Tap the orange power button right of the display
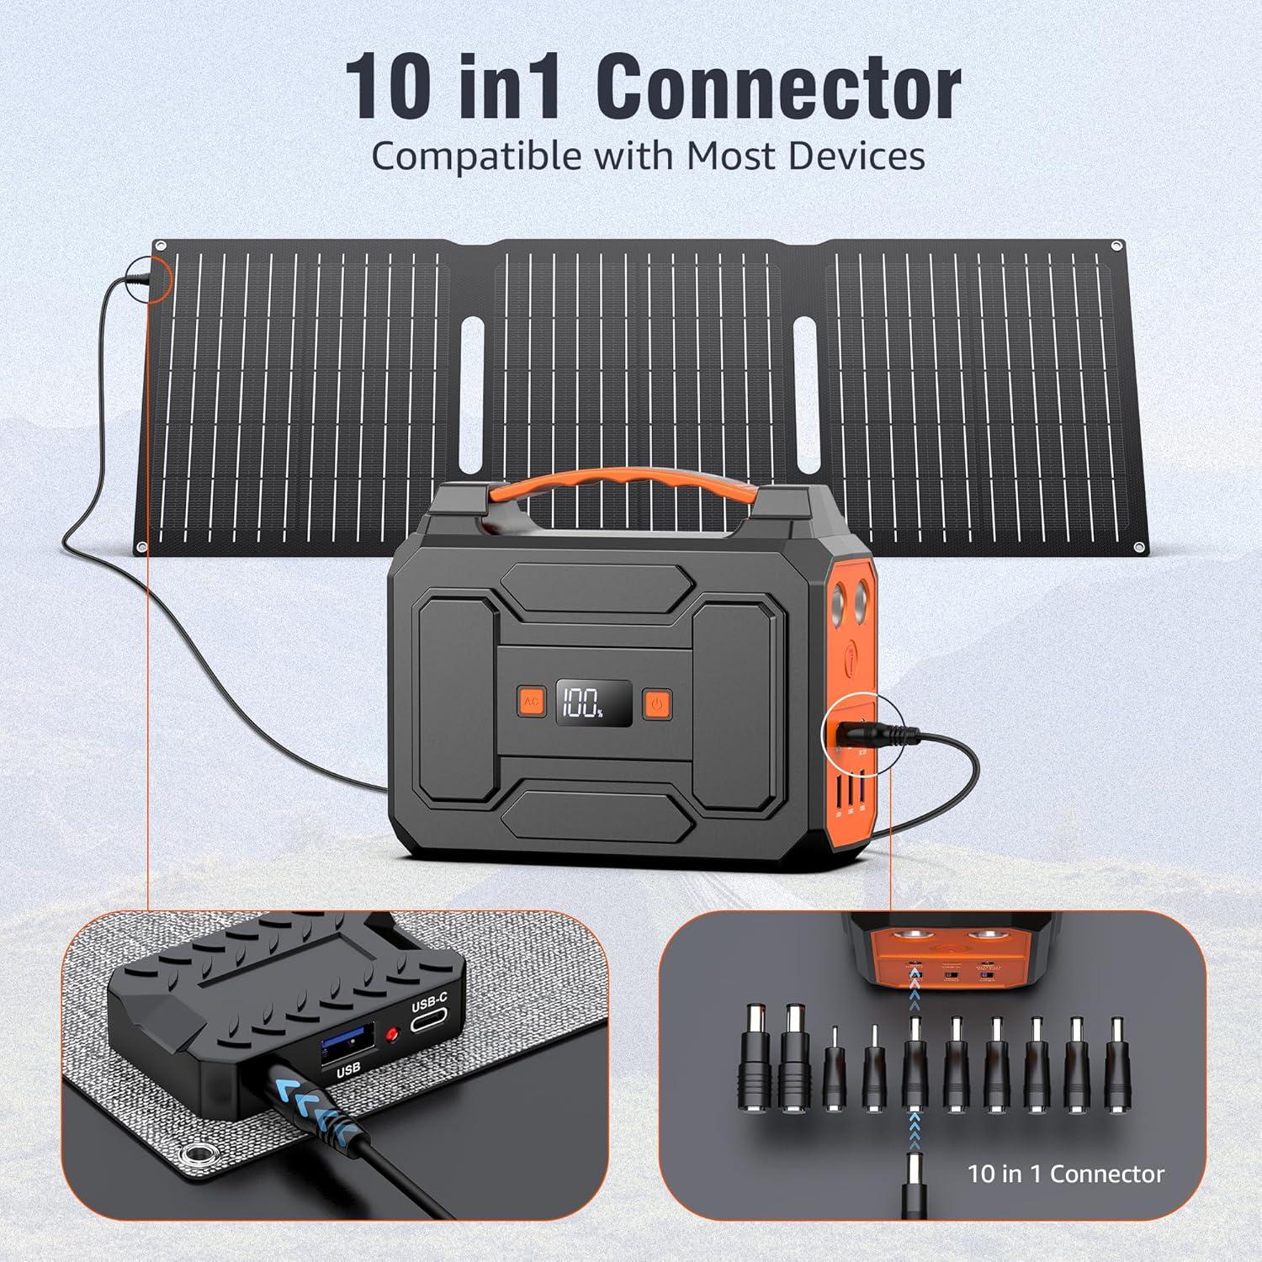click(x=657, y=703)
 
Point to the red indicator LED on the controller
click(x=390, y=1033)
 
